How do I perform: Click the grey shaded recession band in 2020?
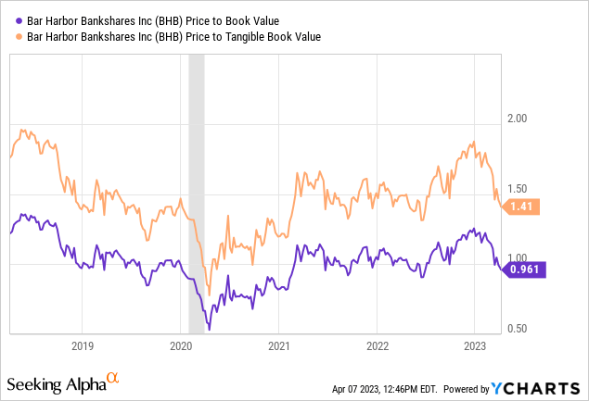(x=196, y=185)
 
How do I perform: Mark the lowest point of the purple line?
(x=210, y=328)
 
